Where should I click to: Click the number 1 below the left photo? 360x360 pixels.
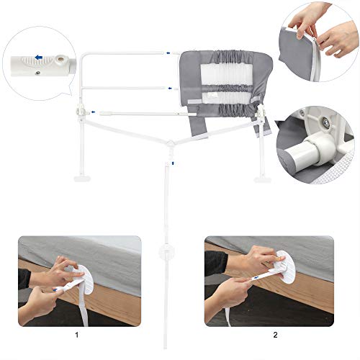77,335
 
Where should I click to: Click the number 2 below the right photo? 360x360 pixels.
275,335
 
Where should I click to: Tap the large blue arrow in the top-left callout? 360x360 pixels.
39,58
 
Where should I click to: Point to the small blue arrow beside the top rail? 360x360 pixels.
168,53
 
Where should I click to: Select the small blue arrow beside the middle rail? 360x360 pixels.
170,89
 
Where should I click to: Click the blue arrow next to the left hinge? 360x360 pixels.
93,112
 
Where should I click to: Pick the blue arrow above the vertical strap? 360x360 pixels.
173,163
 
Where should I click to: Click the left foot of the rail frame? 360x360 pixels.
81,179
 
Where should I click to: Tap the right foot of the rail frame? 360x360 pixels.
261,179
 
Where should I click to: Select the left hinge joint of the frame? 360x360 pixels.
81,112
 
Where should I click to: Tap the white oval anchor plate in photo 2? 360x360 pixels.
286,267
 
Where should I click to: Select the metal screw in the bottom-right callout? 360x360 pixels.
325,120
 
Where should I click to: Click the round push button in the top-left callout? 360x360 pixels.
61,58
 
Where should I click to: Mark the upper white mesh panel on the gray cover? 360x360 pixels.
225,74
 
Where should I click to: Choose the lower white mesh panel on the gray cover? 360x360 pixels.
225,97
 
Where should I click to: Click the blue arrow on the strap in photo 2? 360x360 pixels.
256,278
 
